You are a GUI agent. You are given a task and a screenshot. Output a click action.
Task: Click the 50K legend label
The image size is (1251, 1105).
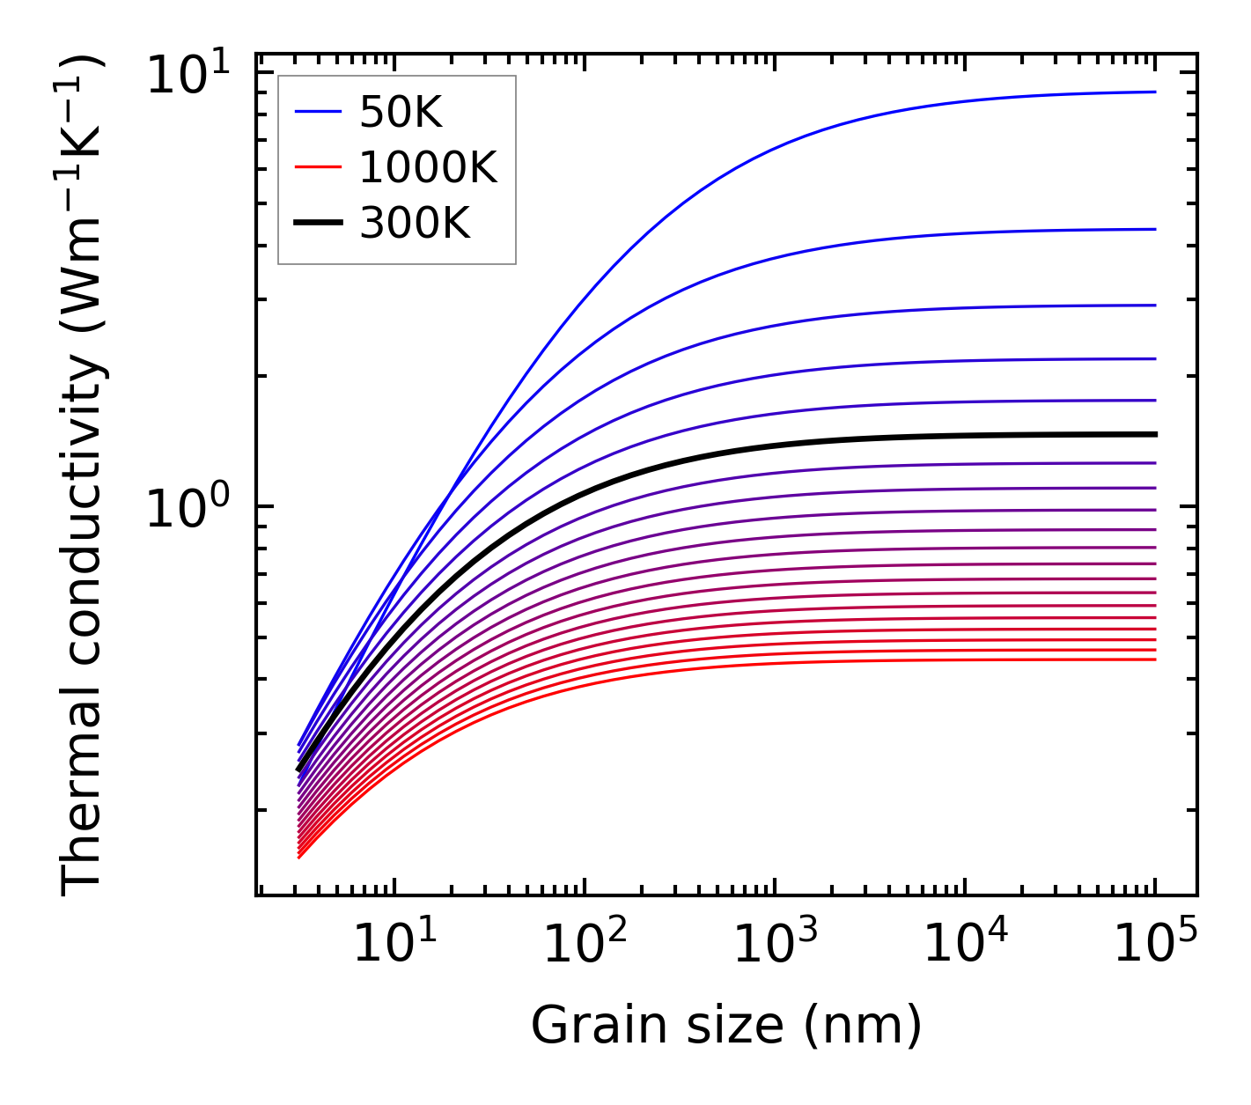tap(401, 112)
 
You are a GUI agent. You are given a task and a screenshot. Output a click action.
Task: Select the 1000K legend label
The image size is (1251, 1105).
tap(428, 167)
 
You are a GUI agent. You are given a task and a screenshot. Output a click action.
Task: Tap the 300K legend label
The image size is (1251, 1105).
tap(415, 224)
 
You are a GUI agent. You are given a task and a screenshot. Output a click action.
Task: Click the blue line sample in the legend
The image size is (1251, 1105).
tap(317, 112)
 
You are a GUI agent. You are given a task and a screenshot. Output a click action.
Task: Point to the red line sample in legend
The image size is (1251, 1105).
tap(317, 167)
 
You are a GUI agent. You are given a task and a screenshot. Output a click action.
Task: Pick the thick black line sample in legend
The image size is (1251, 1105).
tap(317, 224)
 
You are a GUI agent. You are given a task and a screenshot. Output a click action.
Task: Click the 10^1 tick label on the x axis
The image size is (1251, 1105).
tap(394, 946)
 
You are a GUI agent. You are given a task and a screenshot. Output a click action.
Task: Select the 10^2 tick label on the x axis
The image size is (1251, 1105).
tap(585, 946)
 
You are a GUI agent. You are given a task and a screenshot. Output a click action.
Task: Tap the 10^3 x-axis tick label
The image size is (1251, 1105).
tap(775, 946)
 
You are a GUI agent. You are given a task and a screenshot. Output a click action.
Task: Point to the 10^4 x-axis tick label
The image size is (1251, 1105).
tap(965, 946)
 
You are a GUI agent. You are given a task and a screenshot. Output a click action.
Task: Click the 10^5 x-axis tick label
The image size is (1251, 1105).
tap(1155, 946)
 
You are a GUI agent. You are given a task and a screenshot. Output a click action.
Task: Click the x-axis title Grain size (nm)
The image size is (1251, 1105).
tap(726, 1026)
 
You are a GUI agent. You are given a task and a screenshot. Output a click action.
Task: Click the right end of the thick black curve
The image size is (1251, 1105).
tap(1154, 434)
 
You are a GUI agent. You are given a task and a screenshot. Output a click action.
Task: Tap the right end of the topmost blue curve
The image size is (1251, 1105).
tap(1154, 92)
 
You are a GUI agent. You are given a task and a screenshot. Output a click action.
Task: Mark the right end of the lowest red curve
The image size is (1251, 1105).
tap(1154, 659)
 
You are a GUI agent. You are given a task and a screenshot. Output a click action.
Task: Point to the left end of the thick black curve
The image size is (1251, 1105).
tap(299, 769)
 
